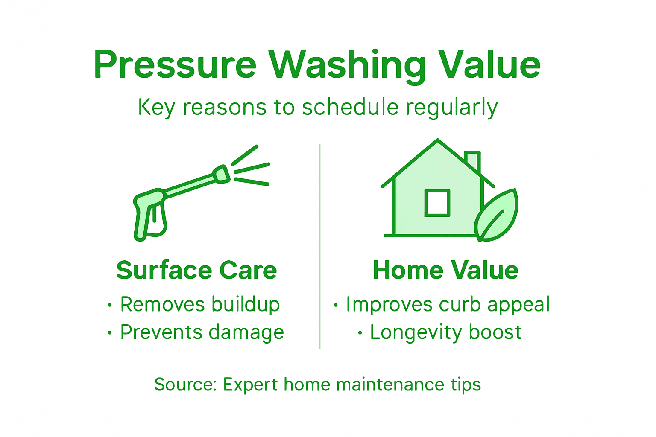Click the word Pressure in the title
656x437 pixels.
pyautogui.click(x=175, y=65)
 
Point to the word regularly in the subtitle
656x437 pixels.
pyautogui.click(x=451, y=108)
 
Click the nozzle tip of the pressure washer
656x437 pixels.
pyautogui.click(x=222, y=174)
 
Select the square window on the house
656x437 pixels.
pyautogui.click(x=437, y=203)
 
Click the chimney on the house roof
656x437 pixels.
pyautogui.click(x=473, y=161)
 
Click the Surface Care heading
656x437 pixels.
pyautogui.click(x=196, y=271)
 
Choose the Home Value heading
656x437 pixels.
pyautogui.click(x=445, y=271)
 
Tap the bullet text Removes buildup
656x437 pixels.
pyautogui.click(x=200, y=305)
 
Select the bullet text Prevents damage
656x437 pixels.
pyautogui.click(x=202, y=332)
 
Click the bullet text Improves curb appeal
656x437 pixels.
pyautogui.click(x=448, y=305)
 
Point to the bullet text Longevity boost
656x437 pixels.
pyautogui.click(x=445, y=332)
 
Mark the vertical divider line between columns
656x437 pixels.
pyautogui.click(x=320, y=246)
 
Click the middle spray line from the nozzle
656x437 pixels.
pyautogui.click(x=252, y=168)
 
